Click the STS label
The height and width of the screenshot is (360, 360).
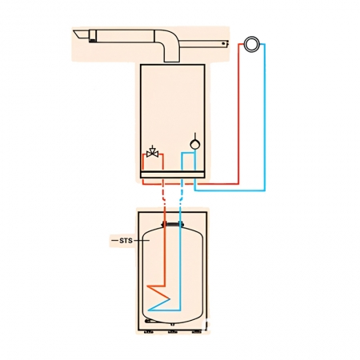[126, 241]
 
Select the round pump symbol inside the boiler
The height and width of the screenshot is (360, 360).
[195, 144]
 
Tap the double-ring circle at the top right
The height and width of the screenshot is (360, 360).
[252, 44]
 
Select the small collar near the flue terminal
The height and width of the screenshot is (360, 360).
[93, 36]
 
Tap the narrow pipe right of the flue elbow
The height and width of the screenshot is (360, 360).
[205, 44]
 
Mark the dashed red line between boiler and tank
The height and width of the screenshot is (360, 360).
[164, 194]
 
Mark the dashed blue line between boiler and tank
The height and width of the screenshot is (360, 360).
[182, 194]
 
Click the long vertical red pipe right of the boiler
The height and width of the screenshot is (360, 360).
[238, 114]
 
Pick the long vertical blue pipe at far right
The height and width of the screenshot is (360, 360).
[265, 118]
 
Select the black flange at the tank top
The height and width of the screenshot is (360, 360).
[173, 224]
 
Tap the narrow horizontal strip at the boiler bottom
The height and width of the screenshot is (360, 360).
[173, 174]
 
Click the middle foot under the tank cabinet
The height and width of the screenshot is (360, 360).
[172, 332]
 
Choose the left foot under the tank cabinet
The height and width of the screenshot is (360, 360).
[149, 332]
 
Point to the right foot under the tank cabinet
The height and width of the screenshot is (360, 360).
[197, 332]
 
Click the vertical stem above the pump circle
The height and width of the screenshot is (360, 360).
[195, 136]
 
